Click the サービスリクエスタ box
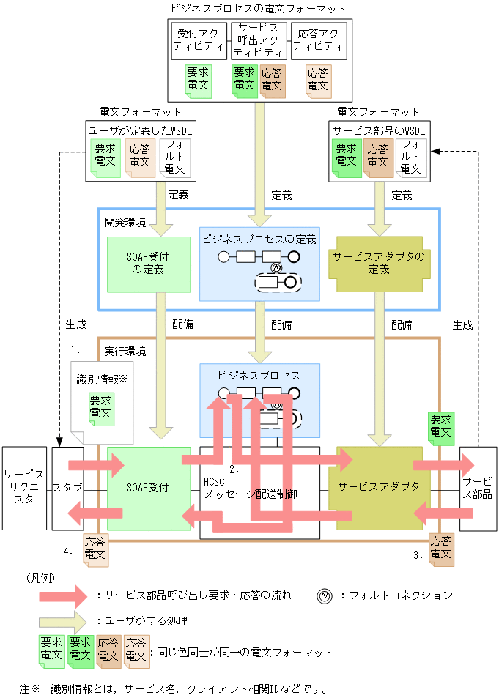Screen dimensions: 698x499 [x=23, y=488]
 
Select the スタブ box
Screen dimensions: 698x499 [x=68, y=488]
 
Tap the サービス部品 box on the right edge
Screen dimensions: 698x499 [x=478, y=488]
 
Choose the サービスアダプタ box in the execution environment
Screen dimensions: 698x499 [x=380, y=488]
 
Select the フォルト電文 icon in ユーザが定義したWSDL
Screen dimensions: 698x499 [x=174, y=158]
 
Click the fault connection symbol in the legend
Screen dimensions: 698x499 [x=324, y=596]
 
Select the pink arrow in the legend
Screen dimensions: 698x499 [x=63, y=596]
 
